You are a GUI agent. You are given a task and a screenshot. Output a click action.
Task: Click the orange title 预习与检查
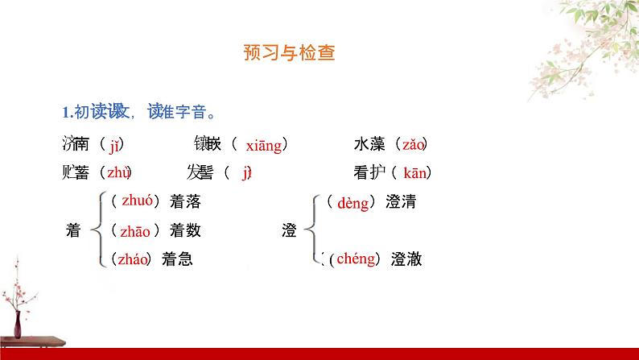click(288, 54)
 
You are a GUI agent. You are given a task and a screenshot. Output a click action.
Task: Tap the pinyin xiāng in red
click(263, 145)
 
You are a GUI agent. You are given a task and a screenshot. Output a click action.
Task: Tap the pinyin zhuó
click(136, 202)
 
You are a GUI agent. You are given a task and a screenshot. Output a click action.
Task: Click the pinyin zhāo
click(135, 231)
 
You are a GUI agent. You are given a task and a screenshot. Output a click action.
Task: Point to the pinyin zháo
click(132, 259)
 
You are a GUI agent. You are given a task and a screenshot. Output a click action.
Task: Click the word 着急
click(177, 259)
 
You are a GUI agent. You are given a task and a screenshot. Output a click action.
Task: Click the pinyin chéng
click(356, 259)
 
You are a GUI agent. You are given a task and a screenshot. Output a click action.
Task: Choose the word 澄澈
click(406, 259)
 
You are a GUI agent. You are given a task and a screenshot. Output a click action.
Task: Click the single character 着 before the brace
click(72, 231)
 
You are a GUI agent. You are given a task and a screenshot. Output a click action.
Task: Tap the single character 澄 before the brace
click(290, 231)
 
